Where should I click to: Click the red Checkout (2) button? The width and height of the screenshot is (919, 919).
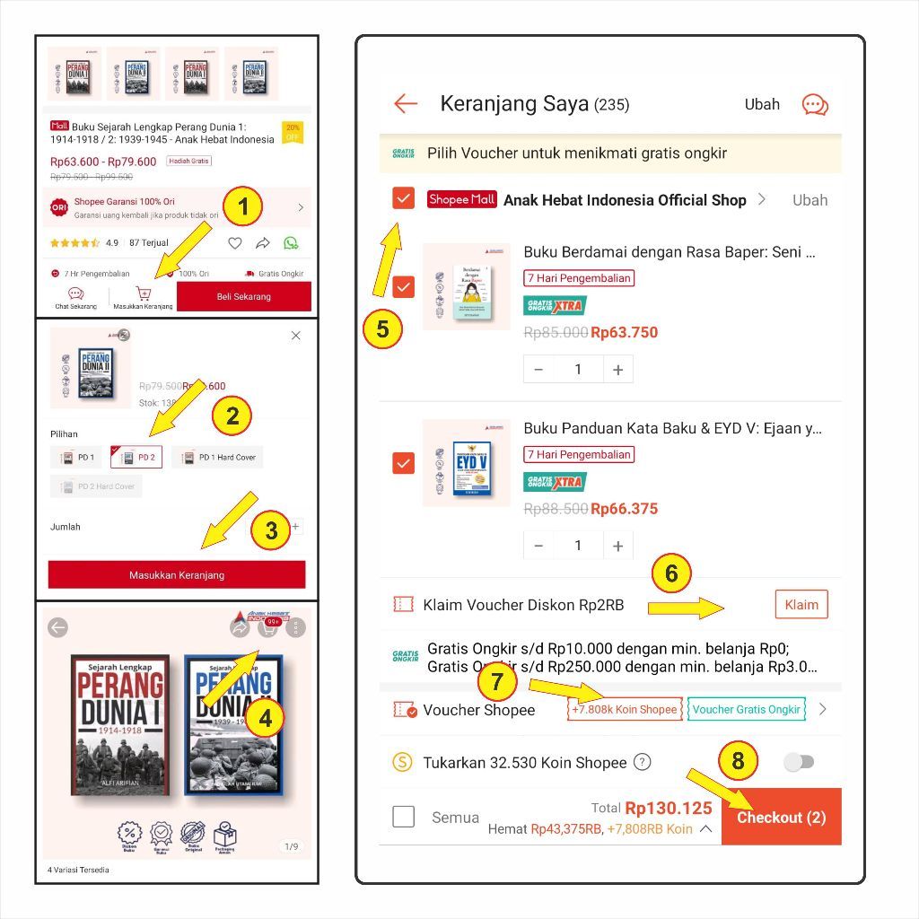coord(781,817)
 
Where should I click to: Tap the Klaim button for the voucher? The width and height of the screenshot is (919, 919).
coord(801,605)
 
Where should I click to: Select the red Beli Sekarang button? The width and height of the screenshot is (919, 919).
coord(243,296)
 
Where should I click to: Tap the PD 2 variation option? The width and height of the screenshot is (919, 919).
coord(136,458)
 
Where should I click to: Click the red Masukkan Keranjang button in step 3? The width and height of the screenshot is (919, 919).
coord(177,575)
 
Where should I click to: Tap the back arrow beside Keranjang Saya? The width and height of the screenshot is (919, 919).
coord(406,104)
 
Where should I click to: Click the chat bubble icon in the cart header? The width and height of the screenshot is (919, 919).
coord(814,105)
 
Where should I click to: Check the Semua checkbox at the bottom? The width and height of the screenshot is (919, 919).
coord(404,817)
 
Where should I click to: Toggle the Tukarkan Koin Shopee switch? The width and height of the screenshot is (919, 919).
coord(798,762)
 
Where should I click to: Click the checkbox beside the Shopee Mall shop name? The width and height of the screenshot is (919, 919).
coord(404,199)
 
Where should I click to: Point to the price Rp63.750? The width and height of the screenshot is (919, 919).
coord(624,333)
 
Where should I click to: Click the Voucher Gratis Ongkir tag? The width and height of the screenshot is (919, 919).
coord(746,709)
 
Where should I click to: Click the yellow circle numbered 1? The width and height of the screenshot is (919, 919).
coord(243,208)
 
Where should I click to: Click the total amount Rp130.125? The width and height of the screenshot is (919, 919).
coord(668,808)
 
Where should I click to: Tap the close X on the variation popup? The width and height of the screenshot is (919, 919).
coord(296,336)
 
